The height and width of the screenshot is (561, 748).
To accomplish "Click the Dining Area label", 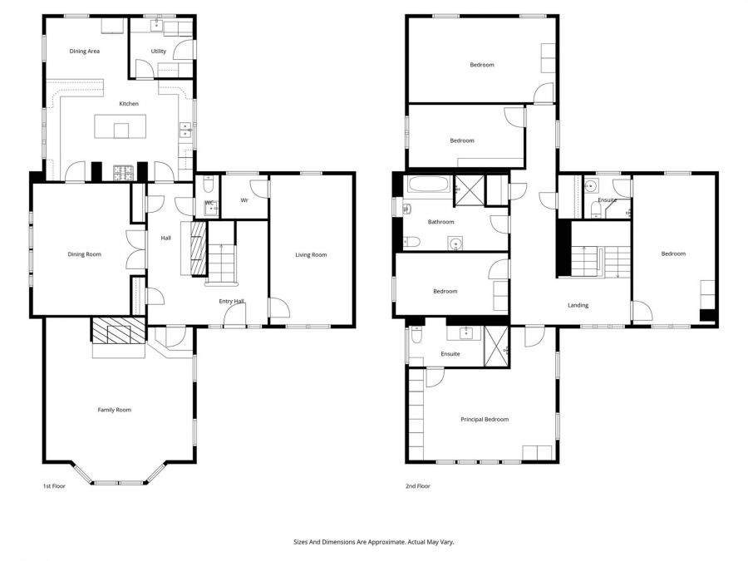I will tap(85, 52).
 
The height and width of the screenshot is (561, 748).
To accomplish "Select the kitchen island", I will tap(122, 130).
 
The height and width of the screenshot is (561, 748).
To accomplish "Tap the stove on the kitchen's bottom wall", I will tap(123, 173).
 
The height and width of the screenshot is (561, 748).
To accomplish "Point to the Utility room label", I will tap(158, 52).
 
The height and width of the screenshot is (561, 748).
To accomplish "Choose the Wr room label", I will tap(244, 200).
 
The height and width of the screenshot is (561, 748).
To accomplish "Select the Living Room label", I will tap(311, 255).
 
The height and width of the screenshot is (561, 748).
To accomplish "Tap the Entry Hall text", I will tap(231, 302).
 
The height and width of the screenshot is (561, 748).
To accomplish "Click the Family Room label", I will tap(114, 410).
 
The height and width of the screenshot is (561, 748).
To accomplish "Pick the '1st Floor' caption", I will tap(53, 486).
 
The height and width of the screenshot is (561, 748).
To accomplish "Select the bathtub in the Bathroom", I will tap(427, 184).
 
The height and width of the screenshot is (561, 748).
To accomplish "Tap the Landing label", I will tap(578, 305).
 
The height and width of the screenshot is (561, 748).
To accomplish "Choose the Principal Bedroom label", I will tap(485, 420).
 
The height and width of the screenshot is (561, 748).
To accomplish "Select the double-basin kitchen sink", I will tap(185, 130).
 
